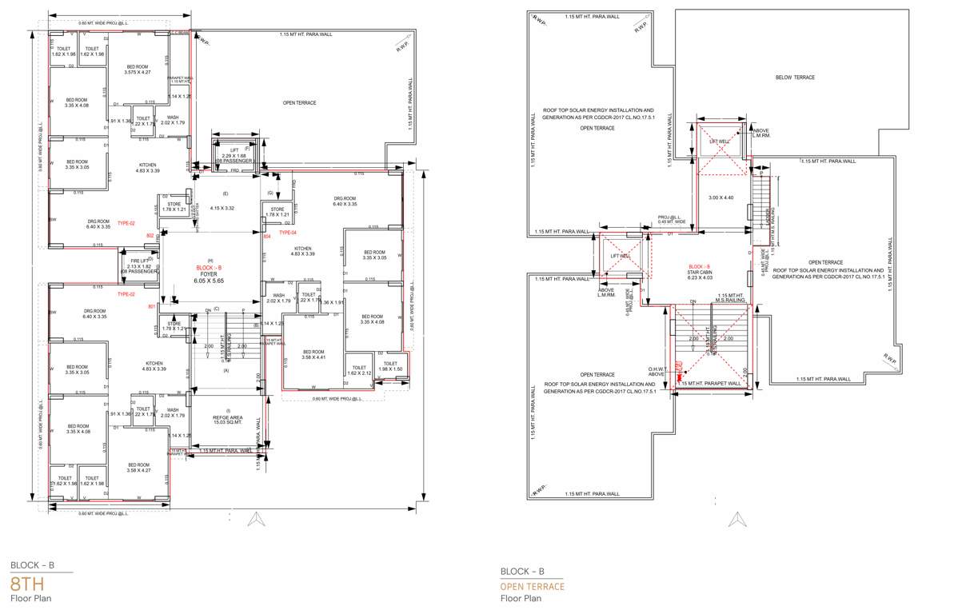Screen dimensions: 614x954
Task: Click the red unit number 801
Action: tap(151, 307)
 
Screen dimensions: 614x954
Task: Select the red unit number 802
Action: tap(150, 235)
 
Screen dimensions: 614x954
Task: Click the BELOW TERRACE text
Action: tap(794, 78)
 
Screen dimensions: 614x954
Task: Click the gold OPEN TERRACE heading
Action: tap(532, 587)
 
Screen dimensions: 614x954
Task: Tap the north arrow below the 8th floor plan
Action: tap(256, 520)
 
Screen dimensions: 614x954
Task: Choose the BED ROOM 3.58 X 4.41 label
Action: tap(313, 355)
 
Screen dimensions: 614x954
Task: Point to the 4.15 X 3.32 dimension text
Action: tap(221, 208)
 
